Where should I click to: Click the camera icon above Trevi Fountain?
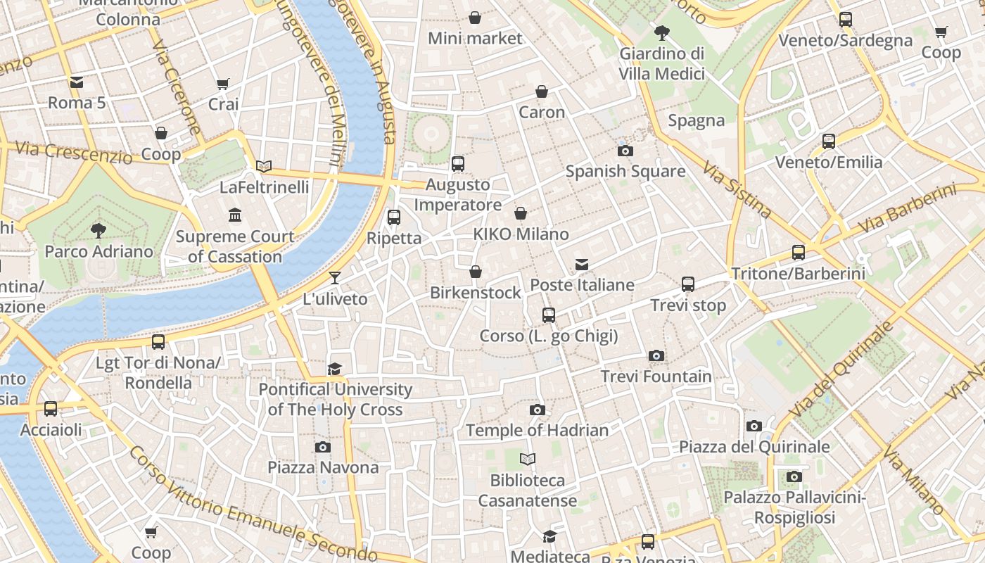pos(656,355)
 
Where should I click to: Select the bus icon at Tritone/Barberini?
pos(798,252)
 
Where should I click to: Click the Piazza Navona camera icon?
pos(323,447)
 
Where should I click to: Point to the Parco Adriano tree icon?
pos(99,230)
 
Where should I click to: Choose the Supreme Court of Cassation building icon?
pos(235,215)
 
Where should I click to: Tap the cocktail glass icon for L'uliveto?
pos(335,278)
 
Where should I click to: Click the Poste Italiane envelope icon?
pos(582,265)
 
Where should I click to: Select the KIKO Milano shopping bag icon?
pos(521,213)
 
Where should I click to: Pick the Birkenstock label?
pos(476,293)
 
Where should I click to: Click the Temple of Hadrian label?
pos(537,430)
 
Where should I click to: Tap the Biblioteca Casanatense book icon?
pos(528,460)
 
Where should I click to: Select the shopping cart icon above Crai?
pos(223,84)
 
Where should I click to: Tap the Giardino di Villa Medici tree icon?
pos(661,32)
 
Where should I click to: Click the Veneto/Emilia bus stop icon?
pos(829,141)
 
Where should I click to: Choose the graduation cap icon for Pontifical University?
pos(335,369)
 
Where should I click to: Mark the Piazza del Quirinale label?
pos(754,447)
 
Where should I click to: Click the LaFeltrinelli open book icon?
pos(264,166)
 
